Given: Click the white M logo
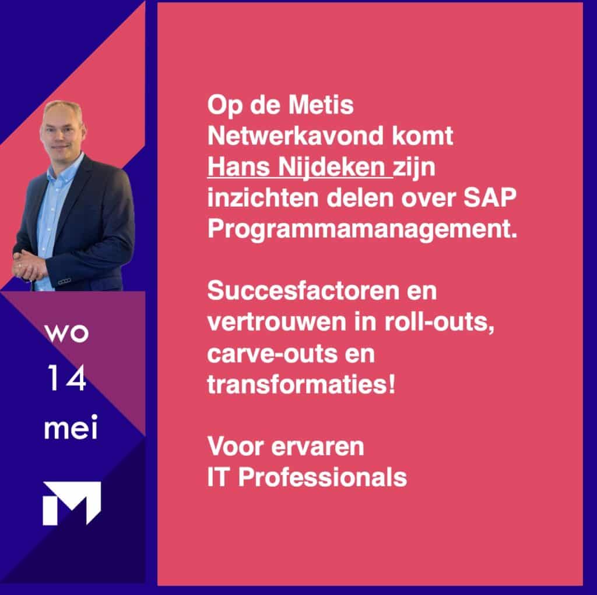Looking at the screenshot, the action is click(x=72, y=503).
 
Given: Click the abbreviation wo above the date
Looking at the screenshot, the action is click(x=66, y=333).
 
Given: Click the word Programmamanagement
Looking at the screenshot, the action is click(x=363, y=229).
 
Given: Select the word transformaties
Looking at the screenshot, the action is click(x=301, y=385).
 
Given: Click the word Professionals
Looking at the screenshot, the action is click(x=322, y=477).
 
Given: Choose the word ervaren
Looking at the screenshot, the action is click(x=318, y=447).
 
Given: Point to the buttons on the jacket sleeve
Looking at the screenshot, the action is click(x=64, y=281).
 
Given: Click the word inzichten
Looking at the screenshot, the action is click(x=263, y=198).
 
